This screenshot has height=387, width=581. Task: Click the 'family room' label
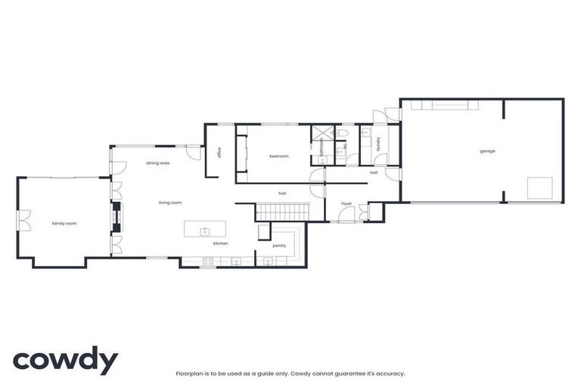64,224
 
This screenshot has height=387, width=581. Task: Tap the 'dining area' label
157,163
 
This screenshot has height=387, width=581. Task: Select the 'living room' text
170,203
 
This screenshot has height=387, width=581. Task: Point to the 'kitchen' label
220,243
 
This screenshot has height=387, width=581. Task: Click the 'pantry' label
279,246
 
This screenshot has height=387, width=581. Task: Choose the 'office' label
219,153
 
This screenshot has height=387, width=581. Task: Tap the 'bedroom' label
279,156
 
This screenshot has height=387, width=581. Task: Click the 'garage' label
487,151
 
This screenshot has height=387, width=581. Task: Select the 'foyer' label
346,203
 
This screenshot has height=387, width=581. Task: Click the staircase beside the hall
283,212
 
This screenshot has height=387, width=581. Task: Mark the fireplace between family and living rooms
116,217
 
